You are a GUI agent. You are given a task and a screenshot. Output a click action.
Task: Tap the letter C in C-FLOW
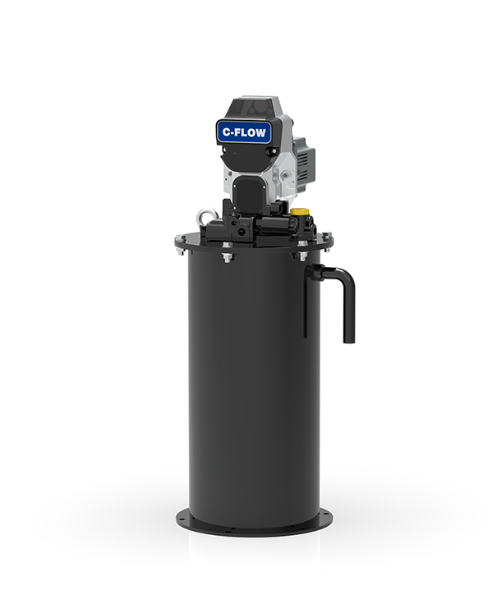225,131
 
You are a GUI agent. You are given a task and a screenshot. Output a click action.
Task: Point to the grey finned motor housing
304,162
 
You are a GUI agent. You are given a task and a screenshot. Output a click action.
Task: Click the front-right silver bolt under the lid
302,256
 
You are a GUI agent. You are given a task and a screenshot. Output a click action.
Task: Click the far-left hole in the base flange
182,519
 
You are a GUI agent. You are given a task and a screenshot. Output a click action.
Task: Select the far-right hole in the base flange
325,519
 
